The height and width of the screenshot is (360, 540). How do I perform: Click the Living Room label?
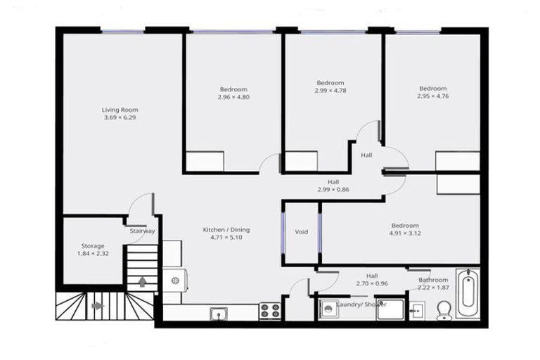[120, 110]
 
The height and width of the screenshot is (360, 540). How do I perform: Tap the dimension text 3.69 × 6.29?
[120, 117]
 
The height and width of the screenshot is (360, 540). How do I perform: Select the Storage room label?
[93, 245]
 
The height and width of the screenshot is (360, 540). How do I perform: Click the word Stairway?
[142, 231]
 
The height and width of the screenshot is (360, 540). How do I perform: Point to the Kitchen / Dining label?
[226, 230]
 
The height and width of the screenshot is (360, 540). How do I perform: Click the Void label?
[301, 231]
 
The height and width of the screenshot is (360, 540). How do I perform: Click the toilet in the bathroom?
[444, 310]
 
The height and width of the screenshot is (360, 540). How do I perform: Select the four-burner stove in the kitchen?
[269, 311]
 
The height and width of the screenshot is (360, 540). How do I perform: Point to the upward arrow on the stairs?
[143, 282]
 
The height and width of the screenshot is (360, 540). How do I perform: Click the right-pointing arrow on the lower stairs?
[97, 306]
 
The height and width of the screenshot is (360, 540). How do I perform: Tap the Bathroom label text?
[433, 280]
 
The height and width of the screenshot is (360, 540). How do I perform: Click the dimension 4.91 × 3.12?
[404, 233]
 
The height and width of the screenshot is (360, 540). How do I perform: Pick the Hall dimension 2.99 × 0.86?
[333, 189]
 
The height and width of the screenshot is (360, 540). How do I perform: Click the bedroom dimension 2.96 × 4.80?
[233, 97]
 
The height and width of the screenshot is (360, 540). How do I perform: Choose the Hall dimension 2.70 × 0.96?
[372, 283]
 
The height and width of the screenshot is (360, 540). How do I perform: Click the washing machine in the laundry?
[327, 309]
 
